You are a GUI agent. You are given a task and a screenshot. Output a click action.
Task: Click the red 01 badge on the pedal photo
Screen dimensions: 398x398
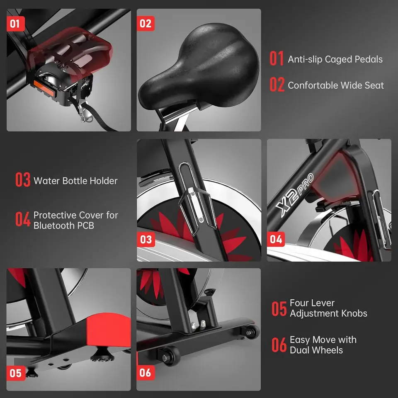click(15, 24)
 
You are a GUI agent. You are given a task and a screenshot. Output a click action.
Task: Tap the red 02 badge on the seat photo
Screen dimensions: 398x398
click(146, 23)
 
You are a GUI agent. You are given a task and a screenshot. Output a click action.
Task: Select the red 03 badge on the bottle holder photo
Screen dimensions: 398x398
click(146, 239)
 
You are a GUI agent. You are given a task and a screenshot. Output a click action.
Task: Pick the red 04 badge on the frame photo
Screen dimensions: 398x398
click(276, 239)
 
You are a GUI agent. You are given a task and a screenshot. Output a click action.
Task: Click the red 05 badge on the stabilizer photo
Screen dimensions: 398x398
click(15, 373)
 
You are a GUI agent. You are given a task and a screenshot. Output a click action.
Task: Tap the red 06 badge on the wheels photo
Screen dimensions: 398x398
click(146, 373)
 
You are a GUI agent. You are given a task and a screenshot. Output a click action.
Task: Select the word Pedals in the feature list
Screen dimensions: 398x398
click(368, 59)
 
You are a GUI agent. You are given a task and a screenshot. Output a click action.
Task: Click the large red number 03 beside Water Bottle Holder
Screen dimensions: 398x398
click(23, 181)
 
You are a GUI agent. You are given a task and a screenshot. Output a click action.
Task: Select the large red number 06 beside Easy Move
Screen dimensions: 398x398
click(279, 345)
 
